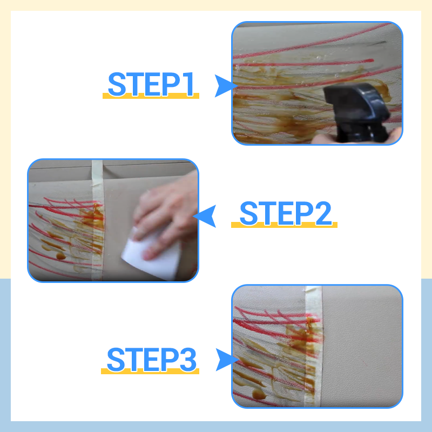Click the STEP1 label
(151, 84)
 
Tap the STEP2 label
(286, 213)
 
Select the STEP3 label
(151, 359)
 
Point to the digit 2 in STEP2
(323, 213)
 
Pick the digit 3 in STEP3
(188, 359)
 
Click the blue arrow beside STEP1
(225, 86)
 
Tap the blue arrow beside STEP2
(206, 216)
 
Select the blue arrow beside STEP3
(226, 360)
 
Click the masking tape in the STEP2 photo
(97, 220)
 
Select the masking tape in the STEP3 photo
(314, 347)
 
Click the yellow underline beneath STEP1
(151, 96)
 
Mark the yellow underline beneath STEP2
(284, 225)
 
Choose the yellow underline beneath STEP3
(150, 371)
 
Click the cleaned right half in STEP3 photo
(362, 347)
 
